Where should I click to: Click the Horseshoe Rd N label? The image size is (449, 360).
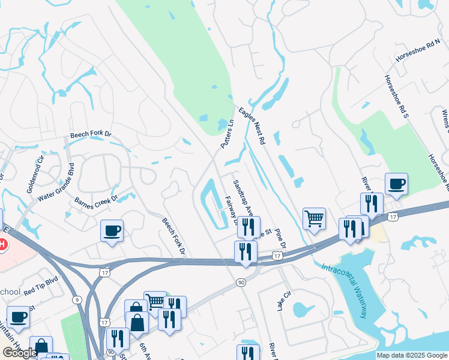coord(418,53)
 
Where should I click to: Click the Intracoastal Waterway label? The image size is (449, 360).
coord(352,292)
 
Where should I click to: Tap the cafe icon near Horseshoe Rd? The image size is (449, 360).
coord(396,184)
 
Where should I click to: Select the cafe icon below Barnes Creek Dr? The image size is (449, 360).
coord(112,230)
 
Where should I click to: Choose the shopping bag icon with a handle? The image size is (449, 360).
coord(137,323)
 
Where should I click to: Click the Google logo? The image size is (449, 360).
coord(20,353)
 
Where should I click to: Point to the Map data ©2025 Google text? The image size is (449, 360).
coord(412,355)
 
